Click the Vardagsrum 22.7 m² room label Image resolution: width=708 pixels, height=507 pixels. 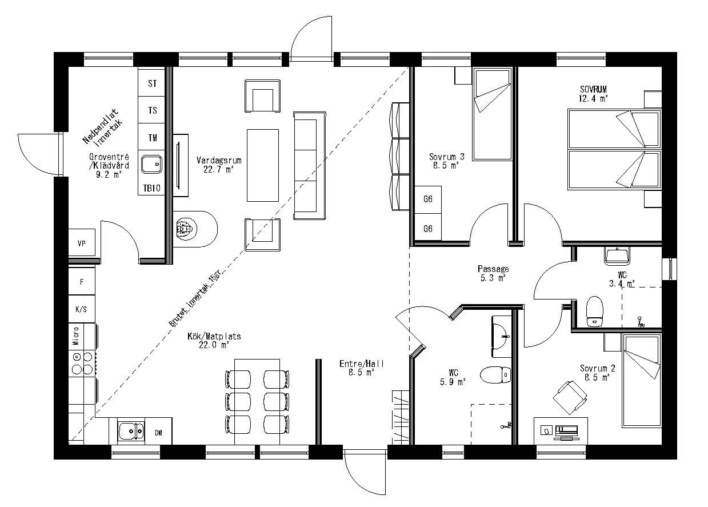point(219,165)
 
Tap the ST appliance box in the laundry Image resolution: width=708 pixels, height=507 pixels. point(152,83)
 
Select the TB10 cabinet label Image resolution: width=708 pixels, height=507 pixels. point(151,188)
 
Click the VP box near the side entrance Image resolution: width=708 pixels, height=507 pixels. point(82,243)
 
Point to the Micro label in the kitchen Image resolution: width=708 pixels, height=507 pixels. point(75,336)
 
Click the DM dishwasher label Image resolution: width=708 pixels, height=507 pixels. point(158,433)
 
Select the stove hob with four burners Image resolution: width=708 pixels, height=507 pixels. point(82,363)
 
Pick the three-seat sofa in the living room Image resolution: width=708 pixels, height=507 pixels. point(309,166)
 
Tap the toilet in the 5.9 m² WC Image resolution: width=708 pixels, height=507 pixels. point(495,376)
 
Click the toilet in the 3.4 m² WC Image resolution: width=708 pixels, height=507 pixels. point(594,311)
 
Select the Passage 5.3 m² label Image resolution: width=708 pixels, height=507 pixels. point(493,273)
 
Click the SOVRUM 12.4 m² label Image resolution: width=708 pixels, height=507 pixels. point(593,93)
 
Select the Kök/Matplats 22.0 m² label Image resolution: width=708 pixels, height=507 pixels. point(214,341)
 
